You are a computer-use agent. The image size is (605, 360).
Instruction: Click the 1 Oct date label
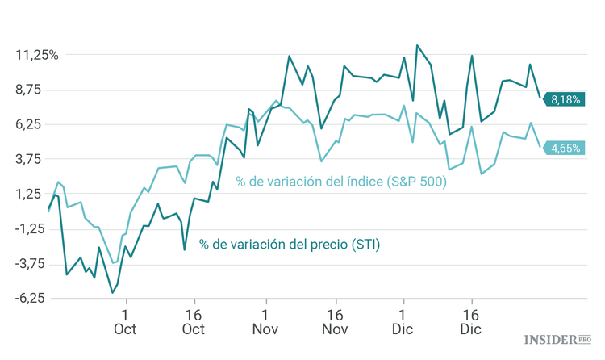(125, 321)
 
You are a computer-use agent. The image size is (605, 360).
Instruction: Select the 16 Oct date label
(194, 321)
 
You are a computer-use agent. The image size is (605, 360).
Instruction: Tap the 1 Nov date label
(265, 321)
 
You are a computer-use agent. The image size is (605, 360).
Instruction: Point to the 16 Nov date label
(335, 321)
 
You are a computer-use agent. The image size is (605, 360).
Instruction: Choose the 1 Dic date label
(403, 321)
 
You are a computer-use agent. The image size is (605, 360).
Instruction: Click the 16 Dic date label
(471, 321)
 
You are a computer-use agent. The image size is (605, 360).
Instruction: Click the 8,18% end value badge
(567, 99)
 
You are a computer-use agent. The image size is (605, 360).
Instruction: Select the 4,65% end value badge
(567, 148)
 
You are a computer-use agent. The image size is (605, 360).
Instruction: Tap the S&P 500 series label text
(341, 182)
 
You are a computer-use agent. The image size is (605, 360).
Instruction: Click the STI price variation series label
(290, 243)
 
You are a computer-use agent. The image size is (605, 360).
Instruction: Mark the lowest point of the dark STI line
(112, 292)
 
